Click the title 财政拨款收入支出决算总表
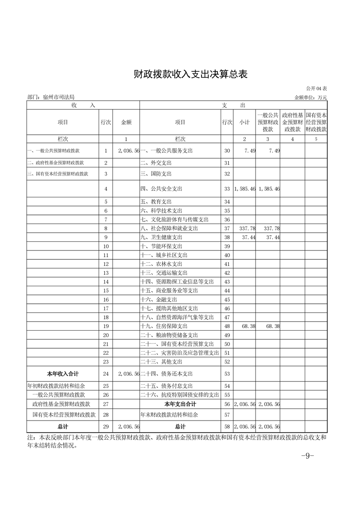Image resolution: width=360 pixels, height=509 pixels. (191, 74)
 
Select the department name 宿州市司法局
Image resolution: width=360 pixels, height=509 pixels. (57, 97)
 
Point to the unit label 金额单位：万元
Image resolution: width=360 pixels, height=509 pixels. (311, 97)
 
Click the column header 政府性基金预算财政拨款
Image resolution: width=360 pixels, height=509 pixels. (293, 122)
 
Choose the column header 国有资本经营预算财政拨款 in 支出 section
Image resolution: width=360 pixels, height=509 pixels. (317, 122)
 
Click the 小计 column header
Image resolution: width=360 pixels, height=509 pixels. (245, 122)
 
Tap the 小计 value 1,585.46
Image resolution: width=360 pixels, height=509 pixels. (245, 188)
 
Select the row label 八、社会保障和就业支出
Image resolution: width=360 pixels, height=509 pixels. (169, 229)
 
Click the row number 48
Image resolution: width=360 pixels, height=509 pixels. (227, 326)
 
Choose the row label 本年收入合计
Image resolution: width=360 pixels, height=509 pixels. (63, 374)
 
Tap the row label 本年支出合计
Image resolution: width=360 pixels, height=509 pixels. (180, 404)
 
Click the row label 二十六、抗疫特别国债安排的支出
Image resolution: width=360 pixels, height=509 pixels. (180, 395)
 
